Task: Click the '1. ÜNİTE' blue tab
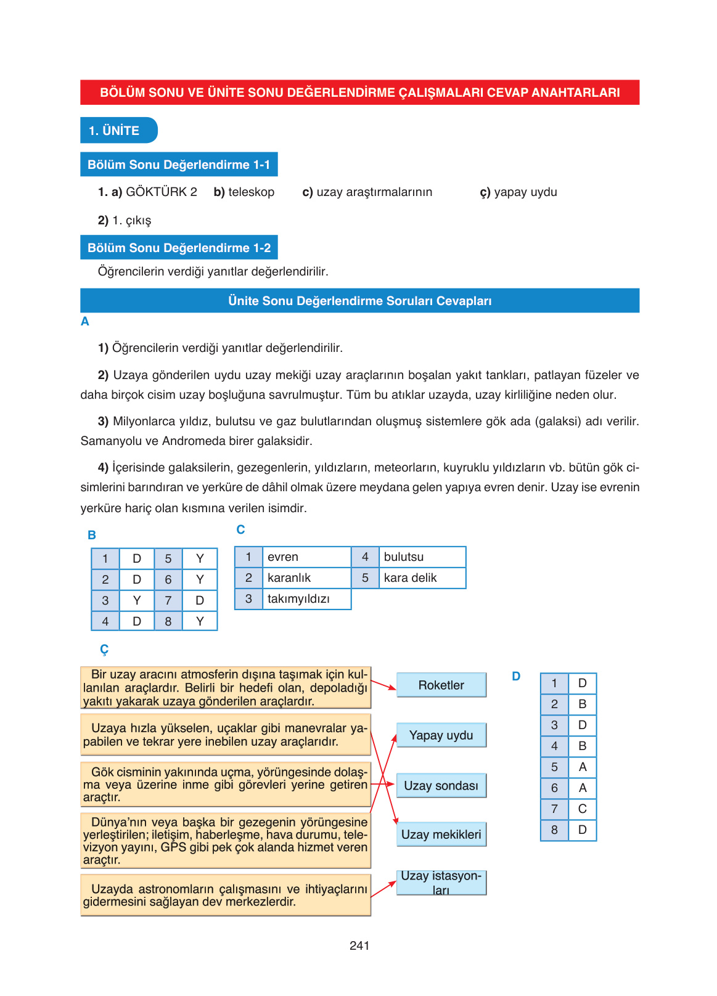tap(118, 131)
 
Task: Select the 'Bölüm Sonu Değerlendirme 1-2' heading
tap(179, 248)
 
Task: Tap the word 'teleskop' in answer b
tap(251, 192)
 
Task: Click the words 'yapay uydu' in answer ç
tap(525, 192)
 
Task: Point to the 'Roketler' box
tap(441, 685)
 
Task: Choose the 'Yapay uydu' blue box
tap(441, 735)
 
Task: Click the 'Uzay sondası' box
tap(441, 786)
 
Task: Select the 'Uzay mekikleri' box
tap(441, 835)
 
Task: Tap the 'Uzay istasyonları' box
tap(441, 883)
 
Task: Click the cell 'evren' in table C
tap(306, 557)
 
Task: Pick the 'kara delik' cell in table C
tap(422, 578)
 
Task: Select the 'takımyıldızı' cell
tap(306, 599)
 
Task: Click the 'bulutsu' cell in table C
tap(422, 557)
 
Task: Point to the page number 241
tap(359, 945)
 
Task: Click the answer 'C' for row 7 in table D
tap(582, 809)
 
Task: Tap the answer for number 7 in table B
tap(200, 600)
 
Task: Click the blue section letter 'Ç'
tap(104, 650)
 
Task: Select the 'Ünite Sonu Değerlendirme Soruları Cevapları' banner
tap(359, 301)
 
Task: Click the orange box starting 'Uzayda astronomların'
tap(226, 895)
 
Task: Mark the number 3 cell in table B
tap(105, 600)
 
